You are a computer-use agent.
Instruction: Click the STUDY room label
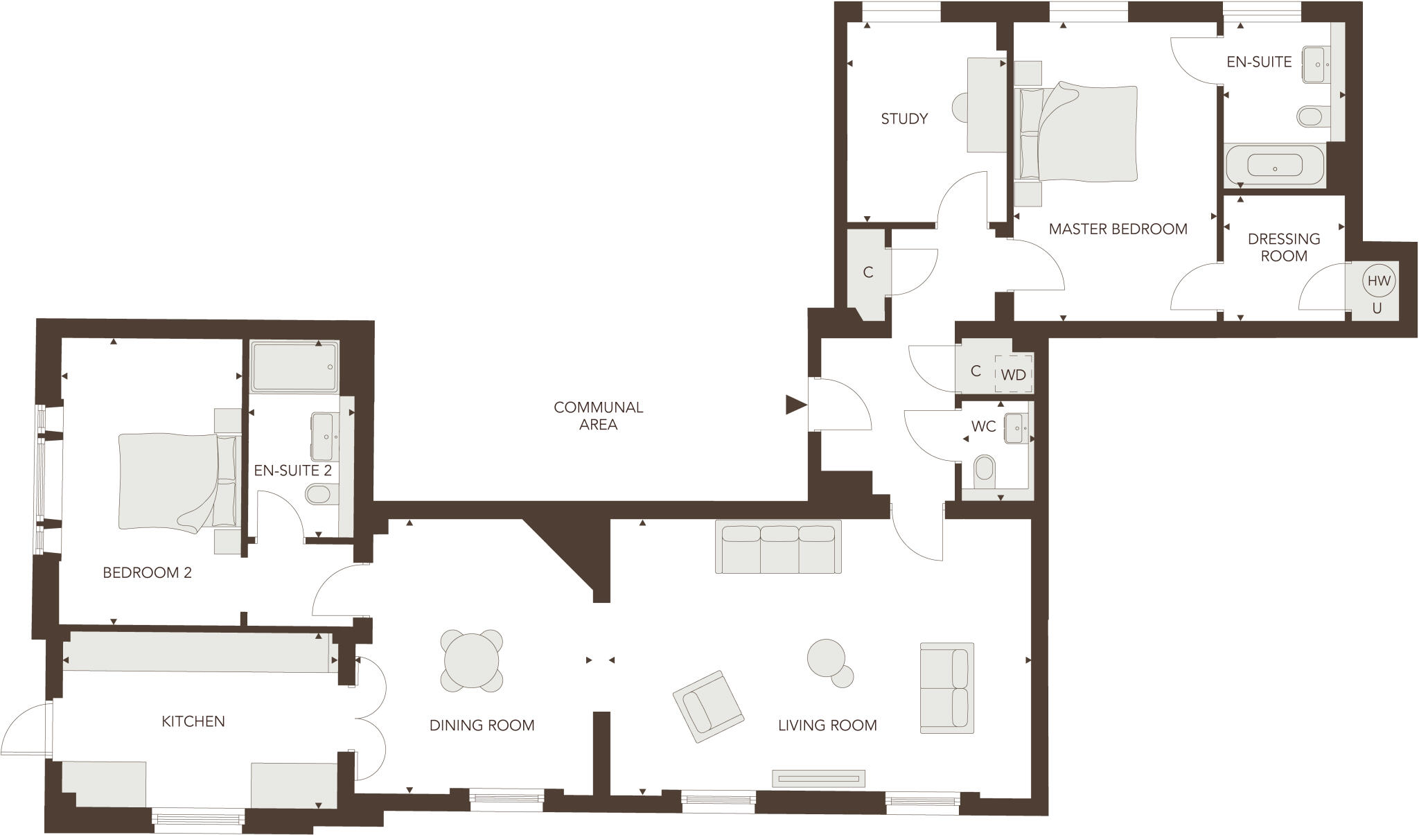(x=904, y=119)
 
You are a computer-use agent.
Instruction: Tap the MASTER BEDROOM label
(x=1118, y=229)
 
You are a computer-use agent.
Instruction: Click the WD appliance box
(x=1014, y=375)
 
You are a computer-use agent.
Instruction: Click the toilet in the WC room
(x=984, y=469)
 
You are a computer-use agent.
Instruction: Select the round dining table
(x=472, y=661)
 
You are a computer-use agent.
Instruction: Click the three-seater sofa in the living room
(x=778, y=547)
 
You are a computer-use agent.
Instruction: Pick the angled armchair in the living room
(x=708, y=706)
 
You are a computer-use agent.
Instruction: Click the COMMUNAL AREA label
(x=598, y=416)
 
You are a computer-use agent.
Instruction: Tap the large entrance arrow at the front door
(x=795, y=405)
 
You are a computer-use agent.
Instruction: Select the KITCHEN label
(x=193, y=721)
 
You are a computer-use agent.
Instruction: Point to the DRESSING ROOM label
(x=1283, y=247)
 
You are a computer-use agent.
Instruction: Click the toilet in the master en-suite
(x=1311, y=116)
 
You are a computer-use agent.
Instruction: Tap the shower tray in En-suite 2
(x=294, y=367)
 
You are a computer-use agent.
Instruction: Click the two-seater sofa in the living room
(x=946, y=687)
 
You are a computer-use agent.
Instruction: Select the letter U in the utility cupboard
(x=1377, y=308)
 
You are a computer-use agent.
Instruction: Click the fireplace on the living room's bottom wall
(x=819, y=778)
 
